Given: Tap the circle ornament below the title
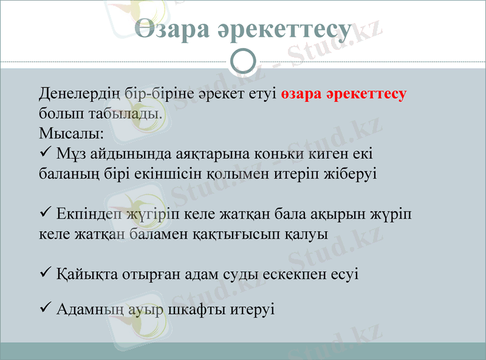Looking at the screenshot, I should tap(243, 61).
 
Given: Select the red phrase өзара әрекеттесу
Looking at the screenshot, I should tap(344, 94).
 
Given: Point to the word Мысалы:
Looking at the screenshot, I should tap(71, 132).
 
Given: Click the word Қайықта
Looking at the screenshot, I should tap(83, 274).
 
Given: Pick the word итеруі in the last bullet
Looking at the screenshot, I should tap(252, 310).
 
